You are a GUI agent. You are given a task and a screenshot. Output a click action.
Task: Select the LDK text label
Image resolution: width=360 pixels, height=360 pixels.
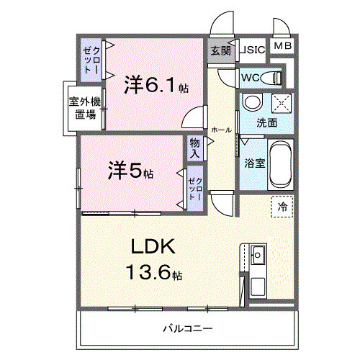[153, 247]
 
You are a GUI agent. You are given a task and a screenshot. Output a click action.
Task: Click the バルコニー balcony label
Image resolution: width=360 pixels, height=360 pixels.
[186, 328]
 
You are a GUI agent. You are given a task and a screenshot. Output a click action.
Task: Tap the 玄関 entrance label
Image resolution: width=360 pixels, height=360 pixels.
[221, 50]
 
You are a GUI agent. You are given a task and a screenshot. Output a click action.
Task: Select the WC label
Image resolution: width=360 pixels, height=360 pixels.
[251, 77]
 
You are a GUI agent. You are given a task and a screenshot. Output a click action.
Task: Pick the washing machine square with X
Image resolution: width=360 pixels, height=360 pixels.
[282, 102]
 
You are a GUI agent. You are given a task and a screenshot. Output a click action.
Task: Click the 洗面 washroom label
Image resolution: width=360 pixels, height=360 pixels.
[267, 122]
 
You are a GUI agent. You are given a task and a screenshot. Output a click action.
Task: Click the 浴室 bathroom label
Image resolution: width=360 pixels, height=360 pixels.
[255, 162]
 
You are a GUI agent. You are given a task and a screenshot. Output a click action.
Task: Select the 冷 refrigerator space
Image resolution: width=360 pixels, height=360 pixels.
[282, 207]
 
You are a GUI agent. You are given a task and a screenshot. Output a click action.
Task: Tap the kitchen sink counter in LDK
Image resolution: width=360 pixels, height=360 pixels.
[257, 271]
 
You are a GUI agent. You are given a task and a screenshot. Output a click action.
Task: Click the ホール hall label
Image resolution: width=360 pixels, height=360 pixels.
[221, 130]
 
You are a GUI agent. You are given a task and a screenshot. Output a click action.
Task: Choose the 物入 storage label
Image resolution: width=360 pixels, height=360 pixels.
[195, 149]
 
